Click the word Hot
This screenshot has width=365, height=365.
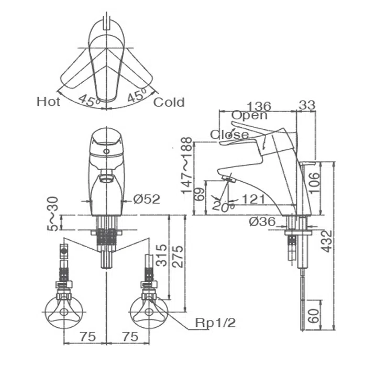pyautogui.click(x=48, y=102)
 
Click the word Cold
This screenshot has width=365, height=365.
pyautogui.click(x=169, y=102)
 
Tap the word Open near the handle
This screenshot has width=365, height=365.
pyautogui.click(x=249, y=116)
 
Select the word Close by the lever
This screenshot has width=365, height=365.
pyautogui.click(x=229, y=134)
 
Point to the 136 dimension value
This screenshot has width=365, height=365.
pyautogui.click(x=259, y=106)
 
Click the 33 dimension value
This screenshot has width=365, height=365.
pyautogui.click(x=307, y=105)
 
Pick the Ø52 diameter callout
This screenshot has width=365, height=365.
pyautogui.click(x=147, y=200)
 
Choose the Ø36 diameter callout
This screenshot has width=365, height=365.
pyautogui.click(x=262, y=222)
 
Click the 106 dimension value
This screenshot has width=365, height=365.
pyautogui.click(x=314, y=182)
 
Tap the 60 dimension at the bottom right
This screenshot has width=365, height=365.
pyautogui.click(x=314, y=316)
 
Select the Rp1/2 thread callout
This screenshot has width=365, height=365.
pyautogui.click(x=215, y=323)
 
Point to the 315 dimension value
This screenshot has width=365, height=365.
pyautogui.click(x=161, y=255)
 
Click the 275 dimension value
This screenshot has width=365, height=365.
pyautogui.click(x=178, y=256)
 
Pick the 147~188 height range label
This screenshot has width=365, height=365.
pyautogui.click(x=187, y=165)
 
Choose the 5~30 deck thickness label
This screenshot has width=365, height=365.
pyautogui.click(x=52, y=214)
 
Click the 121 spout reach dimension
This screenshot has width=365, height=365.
pyautogui.click(x=253, y=199)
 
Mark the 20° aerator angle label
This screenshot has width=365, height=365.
pyautogui.click(x=223, y=206)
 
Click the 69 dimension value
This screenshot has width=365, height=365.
pyautogui.click(x=200, y=194)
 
